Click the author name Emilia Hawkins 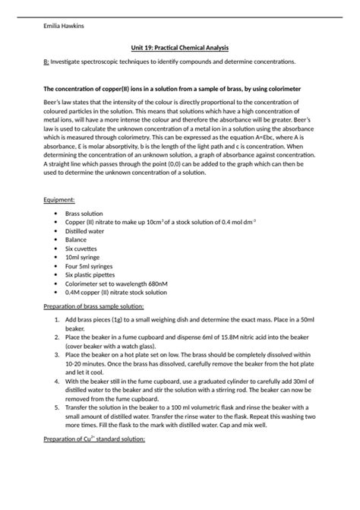click(x=65, y=26)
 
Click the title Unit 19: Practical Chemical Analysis click(x=179, y=48)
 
